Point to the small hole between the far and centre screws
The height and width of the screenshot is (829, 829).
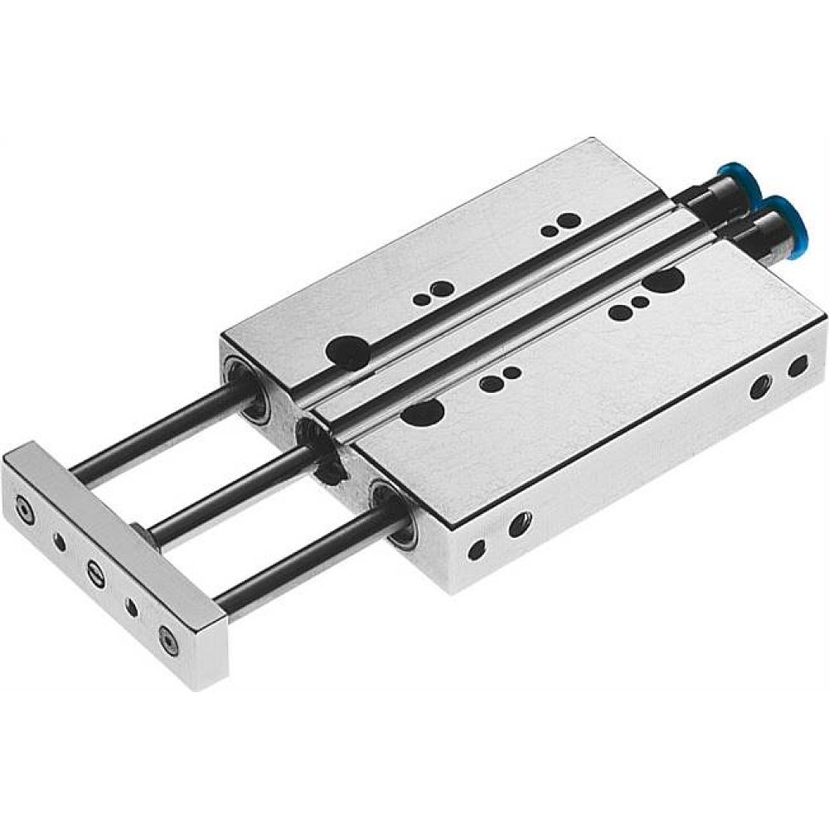click(60, 542)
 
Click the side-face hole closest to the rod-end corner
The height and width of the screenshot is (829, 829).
click(477, 550)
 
